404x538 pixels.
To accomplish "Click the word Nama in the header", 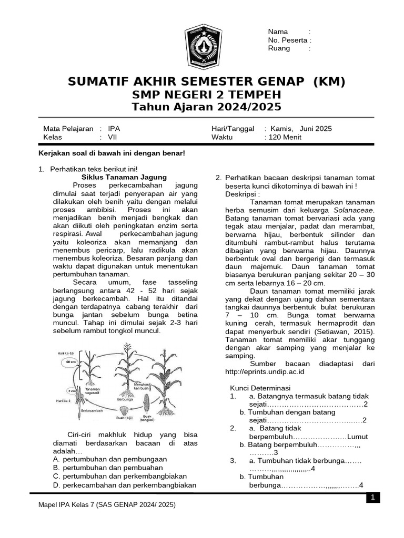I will coord(278,32).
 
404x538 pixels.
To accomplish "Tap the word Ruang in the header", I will coord(279,48).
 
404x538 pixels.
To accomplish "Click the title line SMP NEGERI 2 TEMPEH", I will coord(206,95).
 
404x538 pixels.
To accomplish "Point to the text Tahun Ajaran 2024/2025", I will coord(206,107).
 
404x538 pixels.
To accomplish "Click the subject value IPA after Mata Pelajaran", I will coord(114,128).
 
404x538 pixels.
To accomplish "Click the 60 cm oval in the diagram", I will coord(70,363).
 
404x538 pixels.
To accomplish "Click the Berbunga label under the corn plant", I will coord(125,399).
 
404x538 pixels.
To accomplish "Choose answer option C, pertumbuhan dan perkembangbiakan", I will coord(120,476).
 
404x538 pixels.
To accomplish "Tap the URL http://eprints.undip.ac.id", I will coord(265,371).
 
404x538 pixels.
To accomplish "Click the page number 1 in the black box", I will coord(372,498).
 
